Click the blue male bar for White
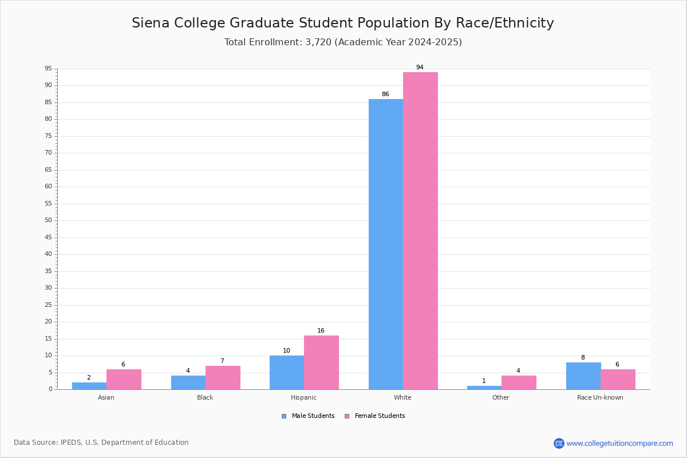pyautogui.click(x=385, y=244)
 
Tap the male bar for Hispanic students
pyautogui.click(x=287, y=372)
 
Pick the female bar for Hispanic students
pyautogui.click(x=321, y=362)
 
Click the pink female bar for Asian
pyautogui.click(x=124, y=379)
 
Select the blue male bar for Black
pyautogui.click(x=188, y=382)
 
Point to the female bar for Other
pyautogui.click(x=519, y=382)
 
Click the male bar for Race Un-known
pyautogui.click(x=583, y=376)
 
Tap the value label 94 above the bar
pyautogui.click(x=420, y=68)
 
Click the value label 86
pyautogui.click(x=385, y=94)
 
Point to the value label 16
pyautogui.click(x=321, y=331)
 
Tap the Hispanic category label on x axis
pyautogui.click(x=303, y=397)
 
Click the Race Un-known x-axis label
pyautogui.click(x=600, y=397)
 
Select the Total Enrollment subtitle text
pyautogui.click(x=343, y=42)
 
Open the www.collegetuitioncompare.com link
pyautogui.click(x=619, y=443)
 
